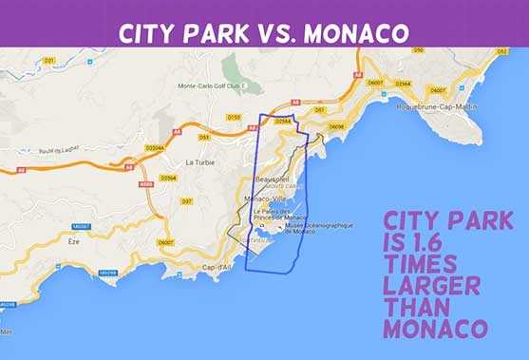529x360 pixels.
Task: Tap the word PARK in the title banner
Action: pos(217,32)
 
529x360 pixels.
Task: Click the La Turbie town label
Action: pos(199,162)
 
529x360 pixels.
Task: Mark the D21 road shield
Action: pos(48,60)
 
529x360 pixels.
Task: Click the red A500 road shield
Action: pos(145,184)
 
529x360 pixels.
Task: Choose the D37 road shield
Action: pos(186,201)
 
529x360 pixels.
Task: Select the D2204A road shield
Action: pos(156,148)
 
